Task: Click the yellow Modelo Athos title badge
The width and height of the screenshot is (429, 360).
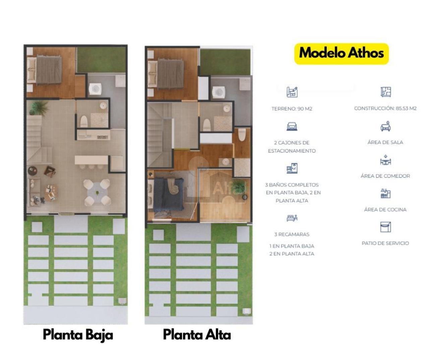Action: click(342, 54)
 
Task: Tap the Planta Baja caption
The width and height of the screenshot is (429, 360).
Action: click(78, 335)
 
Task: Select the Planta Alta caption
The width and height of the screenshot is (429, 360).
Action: click(197, 335)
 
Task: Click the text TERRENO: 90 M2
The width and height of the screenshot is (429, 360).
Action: click(292, 109)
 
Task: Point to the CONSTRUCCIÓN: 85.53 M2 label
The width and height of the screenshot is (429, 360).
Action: click(385, 108)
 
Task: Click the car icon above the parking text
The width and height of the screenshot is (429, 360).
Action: click(292, 126)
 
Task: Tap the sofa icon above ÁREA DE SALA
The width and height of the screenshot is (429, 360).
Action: click(385, 126)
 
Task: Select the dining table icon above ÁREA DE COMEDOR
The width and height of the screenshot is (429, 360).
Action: click(385, 160)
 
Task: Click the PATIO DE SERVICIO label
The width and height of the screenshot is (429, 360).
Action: click(385, 243)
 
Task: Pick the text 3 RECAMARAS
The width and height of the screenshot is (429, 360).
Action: click(292, 234)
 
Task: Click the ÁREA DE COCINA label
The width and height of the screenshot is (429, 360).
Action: click(385, 210)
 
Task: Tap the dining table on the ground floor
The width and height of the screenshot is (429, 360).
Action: click(97, 192)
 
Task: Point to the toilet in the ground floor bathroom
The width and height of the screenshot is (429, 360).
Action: click(84, 121)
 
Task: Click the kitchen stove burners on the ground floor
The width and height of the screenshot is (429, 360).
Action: click(102, 137)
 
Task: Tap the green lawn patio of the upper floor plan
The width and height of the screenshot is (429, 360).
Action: click(225, 62)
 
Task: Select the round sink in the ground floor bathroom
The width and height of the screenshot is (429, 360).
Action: click(103, 106)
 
